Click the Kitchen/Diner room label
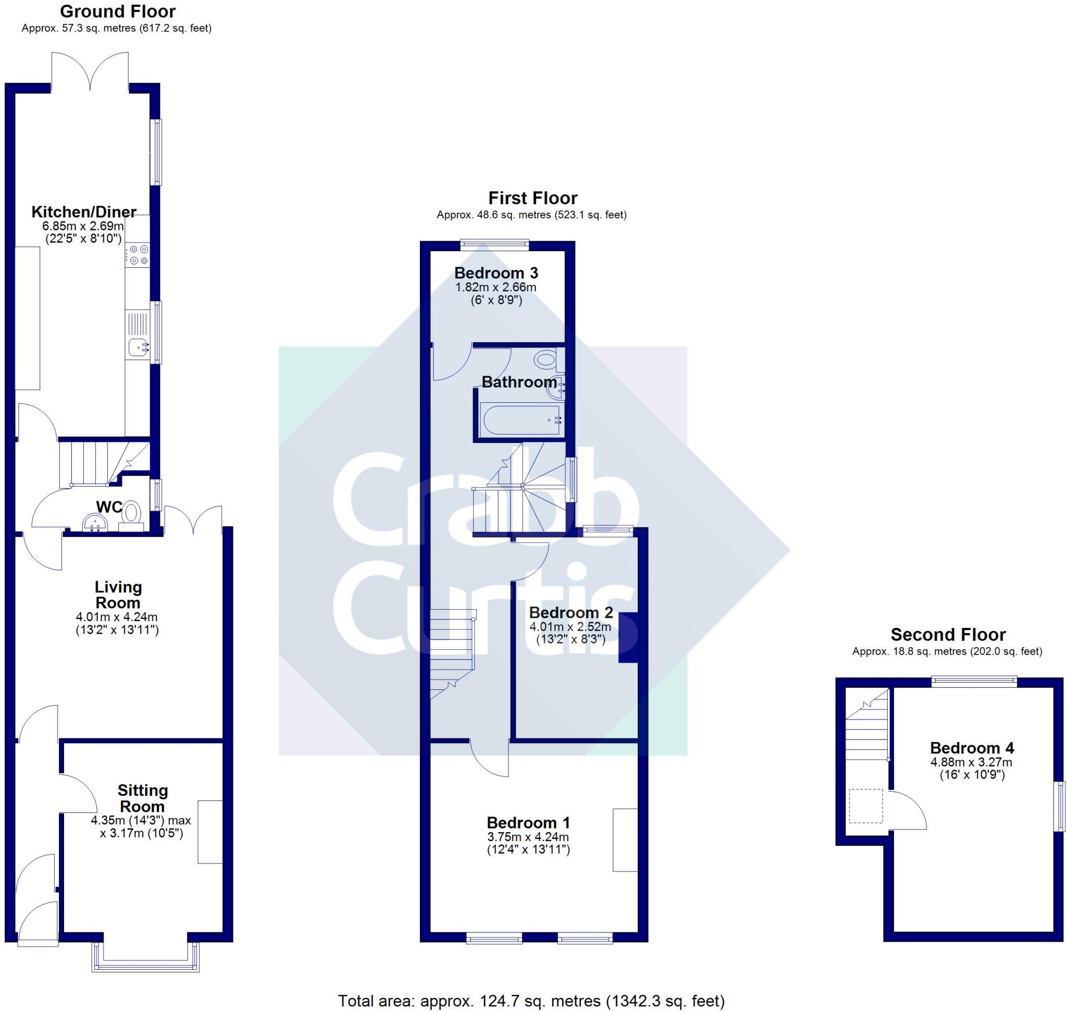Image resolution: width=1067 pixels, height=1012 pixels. point(83,212)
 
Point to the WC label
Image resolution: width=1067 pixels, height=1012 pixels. point(109,507)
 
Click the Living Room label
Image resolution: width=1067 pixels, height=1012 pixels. point(118,595)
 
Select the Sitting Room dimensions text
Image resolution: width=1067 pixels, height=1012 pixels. point(141,826)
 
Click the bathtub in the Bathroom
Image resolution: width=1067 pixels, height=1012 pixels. point(522,419)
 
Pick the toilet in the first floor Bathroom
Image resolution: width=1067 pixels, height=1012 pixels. point(548,359)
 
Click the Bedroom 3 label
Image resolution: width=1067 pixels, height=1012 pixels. point(496,273)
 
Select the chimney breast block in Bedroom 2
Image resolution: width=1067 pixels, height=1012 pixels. point(628,637)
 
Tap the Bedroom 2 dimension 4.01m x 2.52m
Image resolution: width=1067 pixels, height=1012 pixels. point(570,627)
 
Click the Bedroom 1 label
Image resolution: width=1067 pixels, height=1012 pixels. point(528,823)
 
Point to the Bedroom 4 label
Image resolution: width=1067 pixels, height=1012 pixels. point(972,748)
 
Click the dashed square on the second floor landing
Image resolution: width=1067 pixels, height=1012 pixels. point(866,806)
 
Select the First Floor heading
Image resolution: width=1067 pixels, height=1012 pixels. point(532,198)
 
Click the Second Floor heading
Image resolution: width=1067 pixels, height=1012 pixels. point(948,634)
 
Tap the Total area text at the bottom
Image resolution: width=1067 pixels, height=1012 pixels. point(531,1001)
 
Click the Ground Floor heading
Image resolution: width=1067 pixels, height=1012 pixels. point(118,11)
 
